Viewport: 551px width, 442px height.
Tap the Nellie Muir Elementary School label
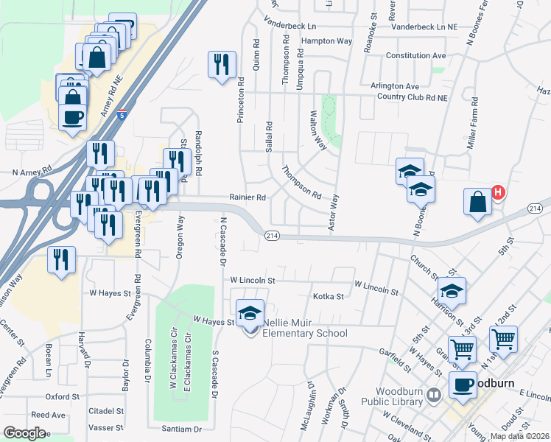pos(302,333)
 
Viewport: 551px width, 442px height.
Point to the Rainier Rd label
pos(247,197)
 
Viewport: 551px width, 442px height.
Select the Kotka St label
pos(329,297)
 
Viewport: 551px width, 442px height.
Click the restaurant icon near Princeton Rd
pos(221,65)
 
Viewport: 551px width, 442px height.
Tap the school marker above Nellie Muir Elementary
pos(250,312)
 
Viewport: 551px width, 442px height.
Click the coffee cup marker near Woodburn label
pos(463,385)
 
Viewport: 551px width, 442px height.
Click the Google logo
pos(25,433)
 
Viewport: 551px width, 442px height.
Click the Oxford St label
pos(62,396)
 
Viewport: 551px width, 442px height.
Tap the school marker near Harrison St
pos(452,290)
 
